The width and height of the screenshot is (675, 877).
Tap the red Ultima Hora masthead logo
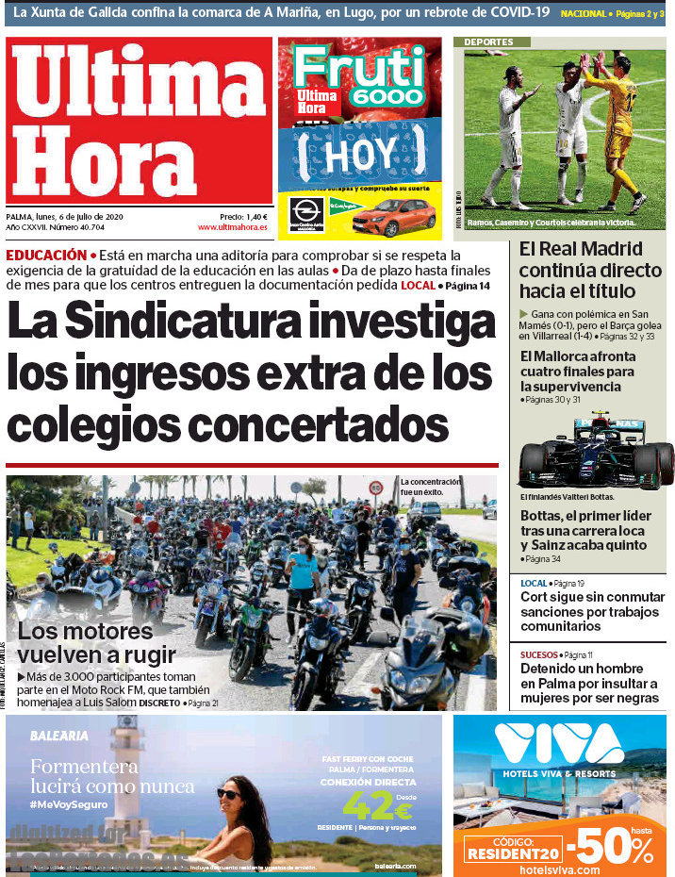coord(140,121)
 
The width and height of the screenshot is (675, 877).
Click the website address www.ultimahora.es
coord(232,227)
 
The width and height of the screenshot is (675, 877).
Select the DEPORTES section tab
coord(488,42)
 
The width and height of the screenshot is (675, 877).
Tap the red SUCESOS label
coord(538,654)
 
